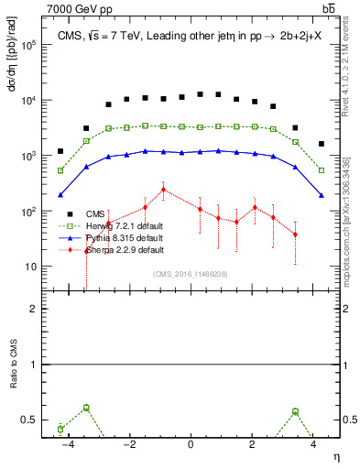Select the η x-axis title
point(335,457)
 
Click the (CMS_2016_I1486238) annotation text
point(191,273)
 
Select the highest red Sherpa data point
point(163,190)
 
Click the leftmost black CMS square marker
point(60,151)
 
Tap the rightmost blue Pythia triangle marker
point(321,195)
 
